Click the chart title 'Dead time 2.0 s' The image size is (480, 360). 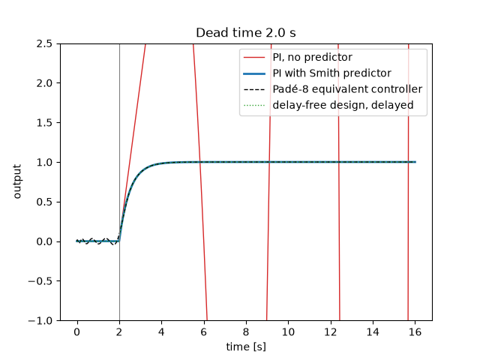click(246, 33)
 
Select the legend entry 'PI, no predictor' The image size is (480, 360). click(312, 57)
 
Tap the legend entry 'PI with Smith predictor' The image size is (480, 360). click(331, 73)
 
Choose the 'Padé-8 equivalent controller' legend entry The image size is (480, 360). click(347, 89)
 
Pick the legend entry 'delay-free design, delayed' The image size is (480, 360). click(343, 105)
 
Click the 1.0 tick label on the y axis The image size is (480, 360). click(44, 162)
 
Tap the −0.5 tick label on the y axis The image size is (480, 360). click(40, 281)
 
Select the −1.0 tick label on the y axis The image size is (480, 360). click(40, 321)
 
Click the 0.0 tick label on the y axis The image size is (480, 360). click(44, 241)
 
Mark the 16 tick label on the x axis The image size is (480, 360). click(415, 332)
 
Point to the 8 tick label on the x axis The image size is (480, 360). click(246, 332)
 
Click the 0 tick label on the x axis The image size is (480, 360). click(77, 332)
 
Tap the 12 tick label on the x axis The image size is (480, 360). click(331, 332)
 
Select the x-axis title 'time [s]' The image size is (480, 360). click(246, 346)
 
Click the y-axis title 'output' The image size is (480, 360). click(17, 181)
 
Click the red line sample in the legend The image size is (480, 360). click(254, 58)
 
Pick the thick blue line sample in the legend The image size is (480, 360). click(254, 73)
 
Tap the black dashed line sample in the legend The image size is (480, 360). click(254, 89)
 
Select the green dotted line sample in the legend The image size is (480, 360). click(254, 105)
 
